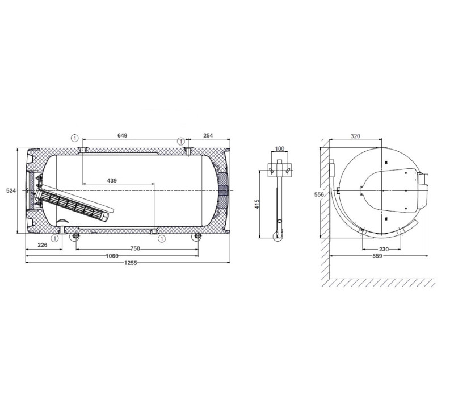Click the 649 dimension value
click(122, 135)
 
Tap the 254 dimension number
click(208, 135)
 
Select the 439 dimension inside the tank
click(112, 180)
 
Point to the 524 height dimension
click(11, 190)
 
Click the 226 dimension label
click(42, 245)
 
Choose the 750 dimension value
click(135, 248)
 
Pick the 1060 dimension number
click(112, 256)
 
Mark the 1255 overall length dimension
click(131, 263)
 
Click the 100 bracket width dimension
click(279, 148)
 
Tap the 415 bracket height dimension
click(257, 204)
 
